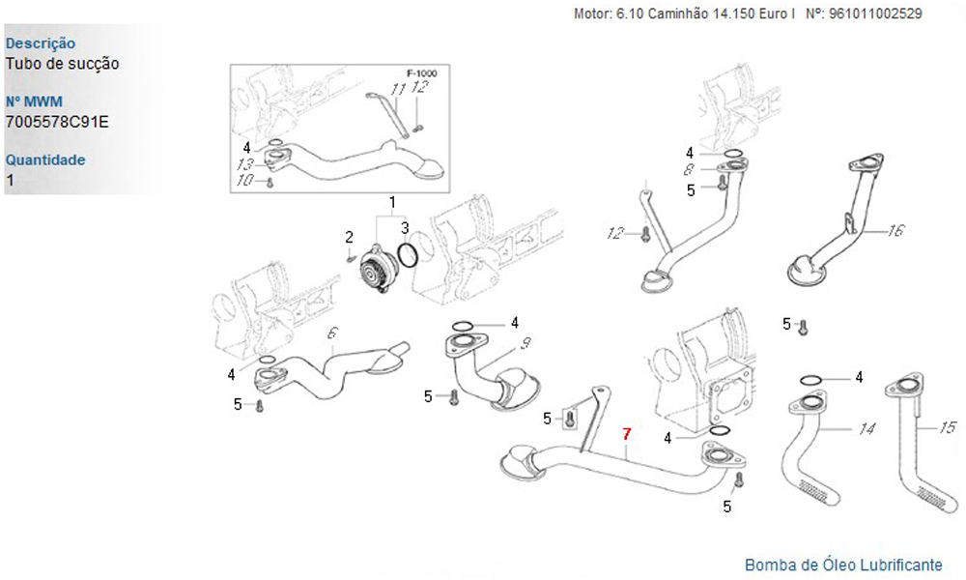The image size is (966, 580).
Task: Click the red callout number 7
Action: [626, 434]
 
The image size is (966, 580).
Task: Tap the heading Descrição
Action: [41, 43]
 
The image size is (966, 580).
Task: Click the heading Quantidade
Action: [45, 159]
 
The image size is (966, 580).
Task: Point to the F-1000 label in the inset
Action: [421, 73]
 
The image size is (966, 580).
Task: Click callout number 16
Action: [895, 231]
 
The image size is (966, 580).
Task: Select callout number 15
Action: [947, 426]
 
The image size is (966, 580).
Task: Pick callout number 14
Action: [867, 428]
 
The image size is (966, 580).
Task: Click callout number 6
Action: [331, 333]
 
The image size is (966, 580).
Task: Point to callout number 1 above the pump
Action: [393, 201]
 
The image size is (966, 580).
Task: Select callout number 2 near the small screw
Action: [350, 236]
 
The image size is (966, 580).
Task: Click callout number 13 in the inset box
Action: [245, 164]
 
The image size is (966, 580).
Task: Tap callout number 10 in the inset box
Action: [245, 181]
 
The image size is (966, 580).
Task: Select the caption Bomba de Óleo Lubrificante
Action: [843, 565]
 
